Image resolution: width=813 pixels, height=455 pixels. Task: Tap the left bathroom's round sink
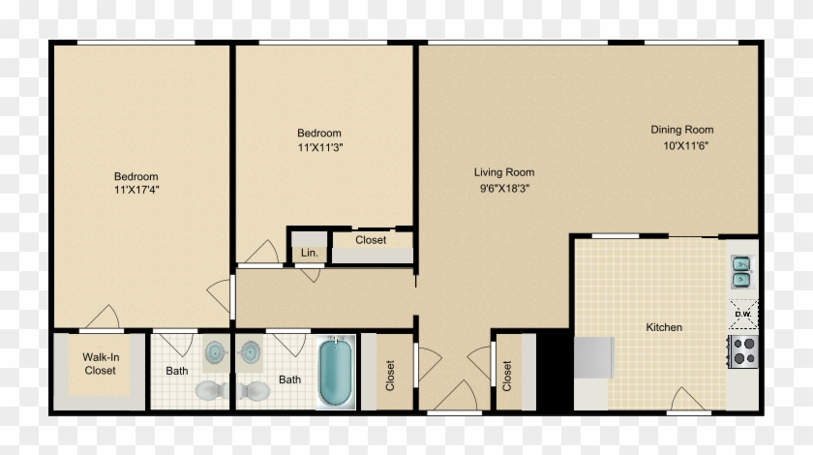pyautogui.click(x=216, y=351)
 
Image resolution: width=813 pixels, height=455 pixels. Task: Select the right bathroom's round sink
pyautogui.click(x=251, y=351)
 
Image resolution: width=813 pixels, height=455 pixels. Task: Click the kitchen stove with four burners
pyautogui.click(x=742, y=350)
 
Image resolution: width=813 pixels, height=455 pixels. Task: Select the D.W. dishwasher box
pyautogui.click(x=743, y=314)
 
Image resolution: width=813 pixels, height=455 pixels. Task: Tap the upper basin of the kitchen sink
pyautogui.click(x=741, y=263)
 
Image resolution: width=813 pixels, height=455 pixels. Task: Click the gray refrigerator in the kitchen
pyautogui.click(x=593, y=357)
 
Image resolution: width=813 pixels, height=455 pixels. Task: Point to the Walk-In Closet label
pyautogui.click(x=100, y=364)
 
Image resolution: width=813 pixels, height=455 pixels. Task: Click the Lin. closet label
pyautogui.click(x=310, y=253)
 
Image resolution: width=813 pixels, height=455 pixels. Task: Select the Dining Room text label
pyautogui.click(x=681, y=130)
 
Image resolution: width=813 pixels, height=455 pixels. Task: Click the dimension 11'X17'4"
pyautogui.click(x=136, y=190)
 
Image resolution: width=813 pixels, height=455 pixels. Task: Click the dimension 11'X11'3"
pyautogui.click(x=319, y=147)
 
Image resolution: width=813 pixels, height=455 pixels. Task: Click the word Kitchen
pyautogui.click(x=664, y=327)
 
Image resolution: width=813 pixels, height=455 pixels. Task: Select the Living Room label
pyautogui.click(x=503, y=172)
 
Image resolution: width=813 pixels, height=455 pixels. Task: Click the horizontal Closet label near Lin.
pyautogui.click(x=371, y=240)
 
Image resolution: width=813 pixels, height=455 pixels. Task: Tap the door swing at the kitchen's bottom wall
pyautogui.click(x=689, y=398)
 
